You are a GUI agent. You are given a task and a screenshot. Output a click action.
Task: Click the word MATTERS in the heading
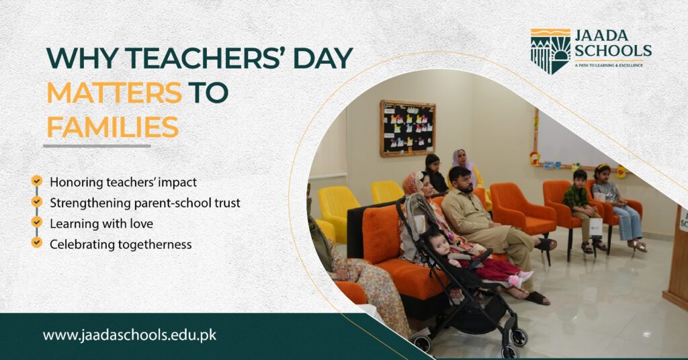pos(114,92)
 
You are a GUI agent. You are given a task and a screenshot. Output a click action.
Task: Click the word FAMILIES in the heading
pos(112,126)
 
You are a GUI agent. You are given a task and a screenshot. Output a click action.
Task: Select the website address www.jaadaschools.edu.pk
pos(130,334)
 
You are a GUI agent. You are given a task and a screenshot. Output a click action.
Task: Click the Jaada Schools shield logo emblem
pos(550,51)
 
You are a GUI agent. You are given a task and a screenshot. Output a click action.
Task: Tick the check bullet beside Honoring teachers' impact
pos(36,181)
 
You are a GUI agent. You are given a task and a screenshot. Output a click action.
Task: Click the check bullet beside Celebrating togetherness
pos(36,242)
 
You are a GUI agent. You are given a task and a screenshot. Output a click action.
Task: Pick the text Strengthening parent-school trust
pos(144,202)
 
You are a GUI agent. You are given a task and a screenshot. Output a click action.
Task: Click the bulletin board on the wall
pos(407,128)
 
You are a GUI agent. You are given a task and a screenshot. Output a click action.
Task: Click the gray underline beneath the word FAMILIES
pos(97,145)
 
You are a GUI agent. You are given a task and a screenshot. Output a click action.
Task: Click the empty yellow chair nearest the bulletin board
pos(387,191)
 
